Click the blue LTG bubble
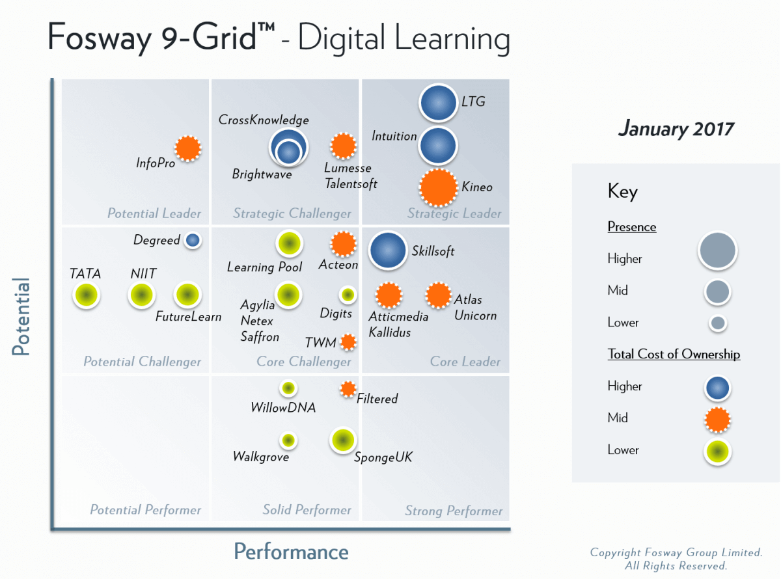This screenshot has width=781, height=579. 438,103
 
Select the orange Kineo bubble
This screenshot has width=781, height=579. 438,187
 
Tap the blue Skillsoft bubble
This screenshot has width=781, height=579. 389,250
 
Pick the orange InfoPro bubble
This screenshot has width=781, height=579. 188,148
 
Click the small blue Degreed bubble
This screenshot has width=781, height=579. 192,240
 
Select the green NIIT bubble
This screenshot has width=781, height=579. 141,295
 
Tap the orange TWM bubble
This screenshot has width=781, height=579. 348,342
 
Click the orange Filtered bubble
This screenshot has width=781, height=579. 348,389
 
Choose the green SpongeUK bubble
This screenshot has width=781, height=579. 342,440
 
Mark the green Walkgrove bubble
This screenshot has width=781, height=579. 288,440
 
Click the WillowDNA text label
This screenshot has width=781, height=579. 283,408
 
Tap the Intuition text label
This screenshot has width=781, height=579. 394,136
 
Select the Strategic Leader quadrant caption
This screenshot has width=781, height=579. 454,213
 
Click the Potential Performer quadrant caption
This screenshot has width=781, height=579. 145,510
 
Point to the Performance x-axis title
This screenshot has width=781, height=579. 291,552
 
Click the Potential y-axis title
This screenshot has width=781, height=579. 21,317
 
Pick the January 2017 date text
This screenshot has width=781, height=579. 676,129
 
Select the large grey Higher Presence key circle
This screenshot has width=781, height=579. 717,250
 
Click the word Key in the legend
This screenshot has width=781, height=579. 622,191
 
